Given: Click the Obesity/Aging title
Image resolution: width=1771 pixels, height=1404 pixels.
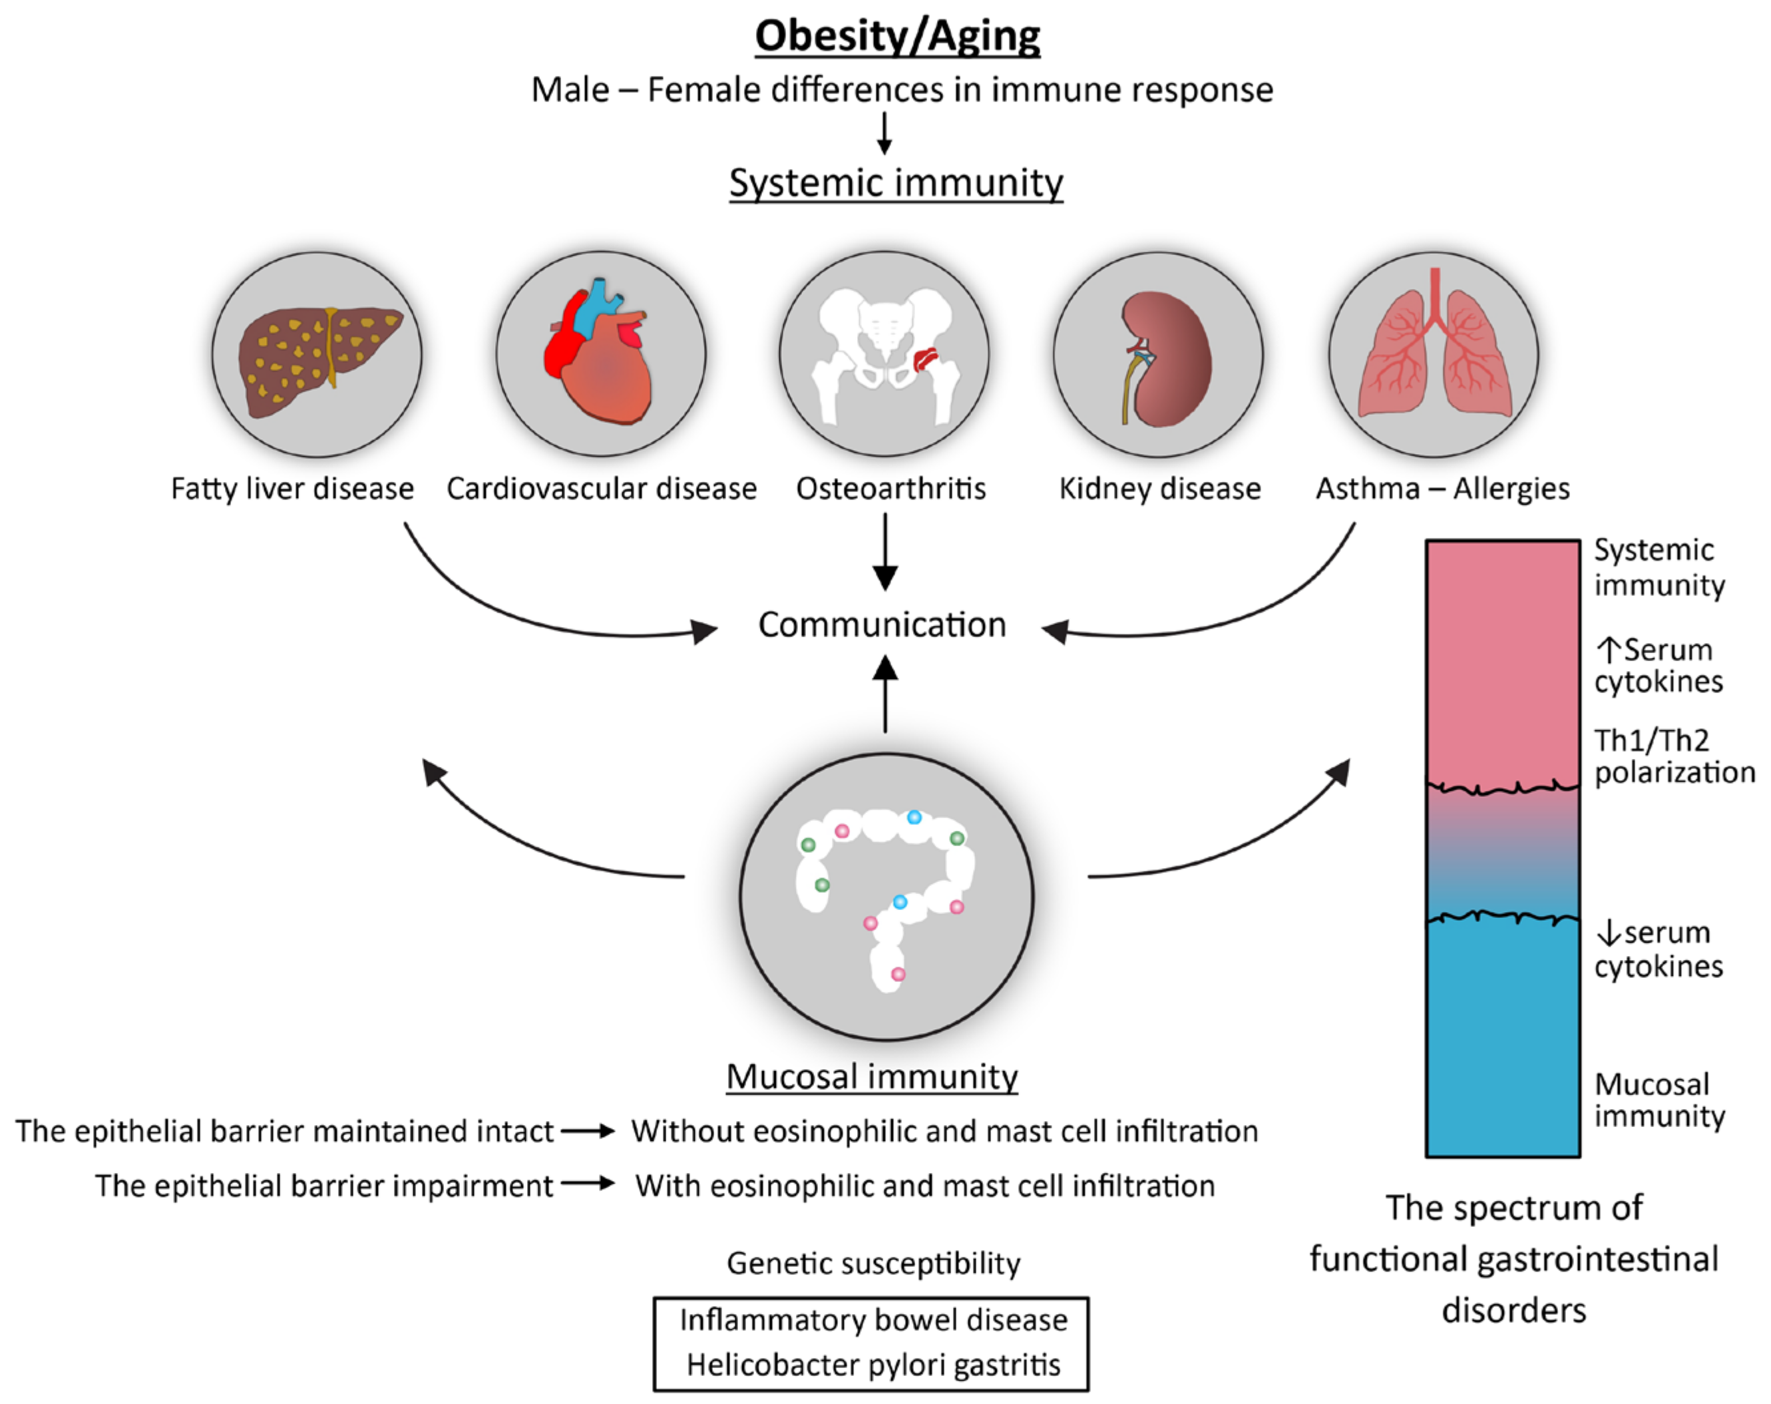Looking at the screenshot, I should [897, 36].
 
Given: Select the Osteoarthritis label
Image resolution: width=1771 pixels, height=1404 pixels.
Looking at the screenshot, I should [890, 489].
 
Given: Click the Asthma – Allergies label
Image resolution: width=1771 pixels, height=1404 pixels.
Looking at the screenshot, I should [1442, 489].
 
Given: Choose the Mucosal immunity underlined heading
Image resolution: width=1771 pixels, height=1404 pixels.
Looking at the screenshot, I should [872, 1077].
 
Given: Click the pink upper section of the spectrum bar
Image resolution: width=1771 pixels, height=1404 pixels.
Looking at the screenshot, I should [1502, 657].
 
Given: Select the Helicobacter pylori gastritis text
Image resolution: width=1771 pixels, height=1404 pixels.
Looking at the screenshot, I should [873, 1365].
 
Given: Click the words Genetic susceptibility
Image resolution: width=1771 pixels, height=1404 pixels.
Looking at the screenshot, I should [873, 1264].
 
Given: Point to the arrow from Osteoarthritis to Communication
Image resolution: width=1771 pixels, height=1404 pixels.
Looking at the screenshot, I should [885, 552].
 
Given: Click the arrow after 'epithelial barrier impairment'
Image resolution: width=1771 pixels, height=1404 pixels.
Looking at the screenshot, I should [588, 1184].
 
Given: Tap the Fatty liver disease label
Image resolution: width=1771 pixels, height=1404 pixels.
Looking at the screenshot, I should [292, 489].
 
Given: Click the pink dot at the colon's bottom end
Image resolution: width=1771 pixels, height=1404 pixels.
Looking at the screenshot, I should [898, 975].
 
